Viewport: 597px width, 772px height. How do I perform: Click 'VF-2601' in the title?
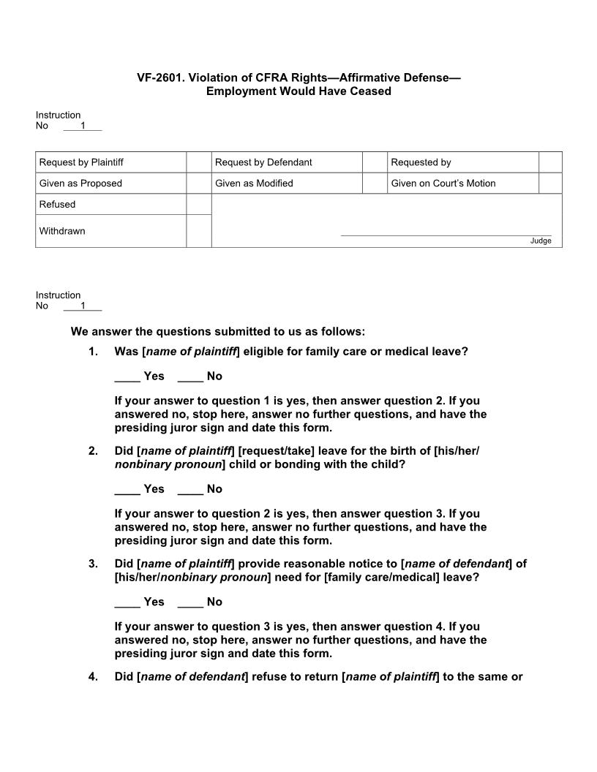[162, 77]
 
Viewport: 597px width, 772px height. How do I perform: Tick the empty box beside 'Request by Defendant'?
[375, 162]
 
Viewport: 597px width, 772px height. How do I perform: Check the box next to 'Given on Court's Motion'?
[550, 183]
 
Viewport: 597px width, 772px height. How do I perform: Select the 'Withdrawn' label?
[62, 231]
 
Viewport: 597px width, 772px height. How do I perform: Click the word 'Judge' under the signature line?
[541, 241]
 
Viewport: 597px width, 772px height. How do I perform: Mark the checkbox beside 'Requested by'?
[550, 162]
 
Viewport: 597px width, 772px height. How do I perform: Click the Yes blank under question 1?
[127, 376]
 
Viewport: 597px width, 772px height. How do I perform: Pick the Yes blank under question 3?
[127, 602]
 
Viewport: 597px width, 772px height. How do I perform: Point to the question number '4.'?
[93, 677]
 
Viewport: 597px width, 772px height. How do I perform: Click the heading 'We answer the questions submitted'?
[217, 331]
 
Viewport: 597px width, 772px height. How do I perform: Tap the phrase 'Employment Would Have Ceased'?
[298, 91]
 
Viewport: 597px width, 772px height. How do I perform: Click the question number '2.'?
[93, 451]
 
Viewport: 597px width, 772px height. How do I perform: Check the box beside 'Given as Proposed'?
[198, 183]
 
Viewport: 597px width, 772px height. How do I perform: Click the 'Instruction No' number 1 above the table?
[83, 126]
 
